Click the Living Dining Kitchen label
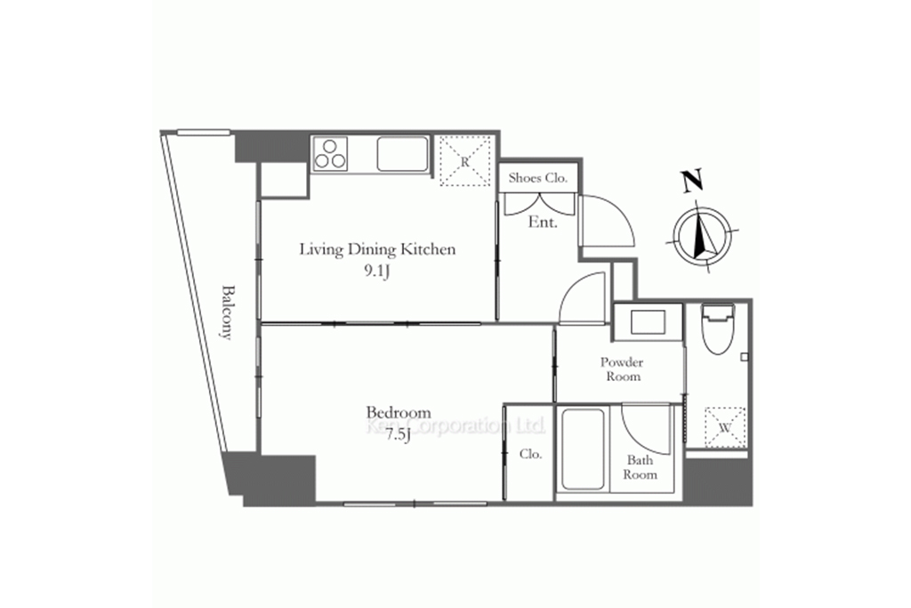[x=377, y=249]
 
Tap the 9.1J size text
[x=376, y=272]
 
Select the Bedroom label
[x=398, y=413]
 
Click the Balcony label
[x=227, y=312]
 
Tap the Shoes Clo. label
[x=537, y=178]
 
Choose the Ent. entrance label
[x=543, y=222]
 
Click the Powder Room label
[x=622, y=369]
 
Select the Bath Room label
[x=640, y=467]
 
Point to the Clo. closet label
[x=530, y=453]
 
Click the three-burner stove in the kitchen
[x=330, y=153]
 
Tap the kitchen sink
[x=403, y=153]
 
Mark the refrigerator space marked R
[x=464, y=161]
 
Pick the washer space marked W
[x=724, y=427]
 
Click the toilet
[x=718, y=329]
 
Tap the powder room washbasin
[x=648, y=322]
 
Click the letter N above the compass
[x=692, y=181]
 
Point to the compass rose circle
[x=703, y=235]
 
